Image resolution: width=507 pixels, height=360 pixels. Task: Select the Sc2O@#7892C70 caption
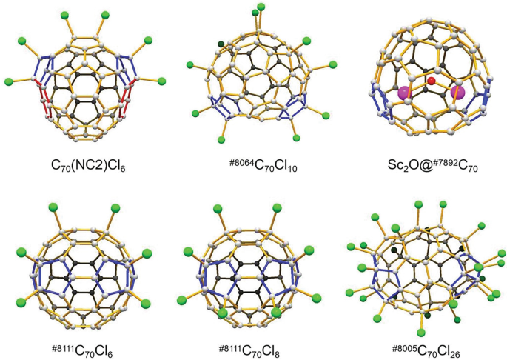(x=425, y=164)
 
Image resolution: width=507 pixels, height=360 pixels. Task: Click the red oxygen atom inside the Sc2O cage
(x=430, y=79)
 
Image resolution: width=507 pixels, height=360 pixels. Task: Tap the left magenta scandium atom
(x=405, y=93)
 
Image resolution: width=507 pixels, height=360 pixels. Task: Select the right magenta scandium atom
(x=456, y=93)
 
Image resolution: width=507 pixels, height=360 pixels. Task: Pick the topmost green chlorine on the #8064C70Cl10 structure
(x=261, y=8)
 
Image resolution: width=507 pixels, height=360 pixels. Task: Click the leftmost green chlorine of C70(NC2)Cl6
(x=10, y=80)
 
